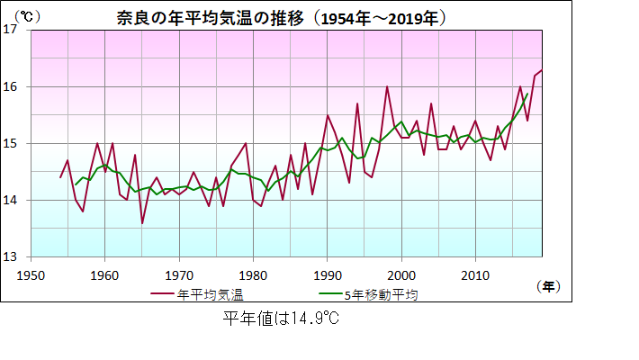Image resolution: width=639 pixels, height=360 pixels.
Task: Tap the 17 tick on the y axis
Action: [12, 30]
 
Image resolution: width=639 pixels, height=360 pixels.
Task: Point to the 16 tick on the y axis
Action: [12, 86]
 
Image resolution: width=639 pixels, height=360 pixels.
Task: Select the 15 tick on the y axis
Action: [12, 143]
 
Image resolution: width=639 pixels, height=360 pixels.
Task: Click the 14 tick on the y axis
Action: [12, 200]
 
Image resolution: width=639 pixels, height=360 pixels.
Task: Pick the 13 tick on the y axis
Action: [12, 256]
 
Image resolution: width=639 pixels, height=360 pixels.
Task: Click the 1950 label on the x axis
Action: [31, 274]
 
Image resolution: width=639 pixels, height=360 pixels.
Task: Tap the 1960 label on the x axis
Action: [104, 274]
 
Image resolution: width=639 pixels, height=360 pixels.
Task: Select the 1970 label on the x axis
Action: [178, 274]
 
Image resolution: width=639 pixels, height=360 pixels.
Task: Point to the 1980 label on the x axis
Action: [253, 274]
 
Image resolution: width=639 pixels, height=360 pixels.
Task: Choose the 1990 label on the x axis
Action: [327, 274]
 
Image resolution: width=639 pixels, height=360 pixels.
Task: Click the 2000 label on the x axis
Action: [400, 274]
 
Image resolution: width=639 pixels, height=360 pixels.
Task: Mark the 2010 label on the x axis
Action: [474, 274]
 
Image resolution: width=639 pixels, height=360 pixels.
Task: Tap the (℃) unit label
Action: [29, 15]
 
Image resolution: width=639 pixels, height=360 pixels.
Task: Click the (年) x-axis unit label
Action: [547, 286]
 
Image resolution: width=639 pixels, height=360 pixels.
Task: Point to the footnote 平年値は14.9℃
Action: [280, 318]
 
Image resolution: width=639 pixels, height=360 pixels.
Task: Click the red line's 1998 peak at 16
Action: [387, 86]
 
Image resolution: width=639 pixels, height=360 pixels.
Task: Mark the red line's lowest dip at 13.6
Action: [142, 222]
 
